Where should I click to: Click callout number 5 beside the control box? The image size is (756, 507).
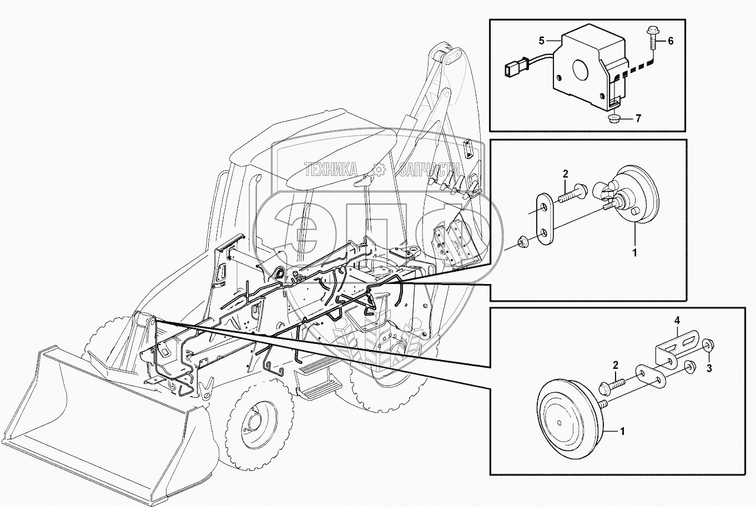pos(541,41)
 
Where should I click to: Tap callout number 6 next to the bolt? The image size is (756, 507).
pos(671,41)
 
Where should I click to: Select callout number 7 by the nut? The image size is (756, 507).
pos(638,118)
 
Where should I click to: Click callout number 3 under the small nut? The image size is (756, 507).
pos(709,369)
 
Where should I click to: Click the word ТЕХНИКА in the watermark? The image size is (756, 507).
pos(330,169)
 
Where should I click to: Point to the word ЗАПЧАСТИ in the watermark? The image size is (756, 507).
pos(429,169)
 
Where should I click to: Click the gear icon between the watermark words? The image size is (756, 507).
pos(377,169)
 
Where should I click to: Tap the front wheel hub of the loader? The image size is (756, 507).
pos(254,422)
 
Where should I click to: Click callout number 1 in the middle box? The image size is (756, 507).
pos(634,252)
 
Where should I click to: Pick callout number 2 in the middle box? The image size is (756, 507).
pos(565,174)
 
